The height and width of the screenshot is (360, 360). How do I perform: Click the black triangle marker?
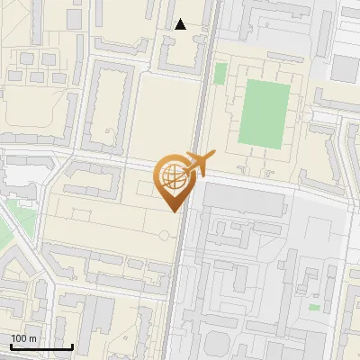(x=181, y=24)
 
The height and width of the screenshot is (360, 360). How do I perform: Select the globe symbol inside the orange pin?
(x=171, y=175)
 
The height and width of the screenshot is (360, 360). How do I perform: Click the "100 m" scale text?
(x=23, y=338)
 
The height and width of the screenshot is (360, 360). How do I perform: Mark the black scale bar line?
(x=41, y=346)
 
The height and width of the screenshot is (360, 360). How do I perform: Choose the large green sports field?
(x=265, y=112)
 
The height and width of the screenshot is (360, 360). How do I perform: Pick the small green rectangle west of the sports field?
(x=220, y=98)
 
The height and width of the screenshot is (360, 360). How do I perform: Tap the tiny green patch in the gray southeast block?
(x=314, y=307)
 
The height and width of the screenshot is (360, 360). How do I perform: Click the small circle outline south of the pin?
(x=164, y=235)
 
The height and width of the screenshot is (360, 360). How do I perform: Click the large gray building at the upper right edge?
(x=345, y=67)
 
